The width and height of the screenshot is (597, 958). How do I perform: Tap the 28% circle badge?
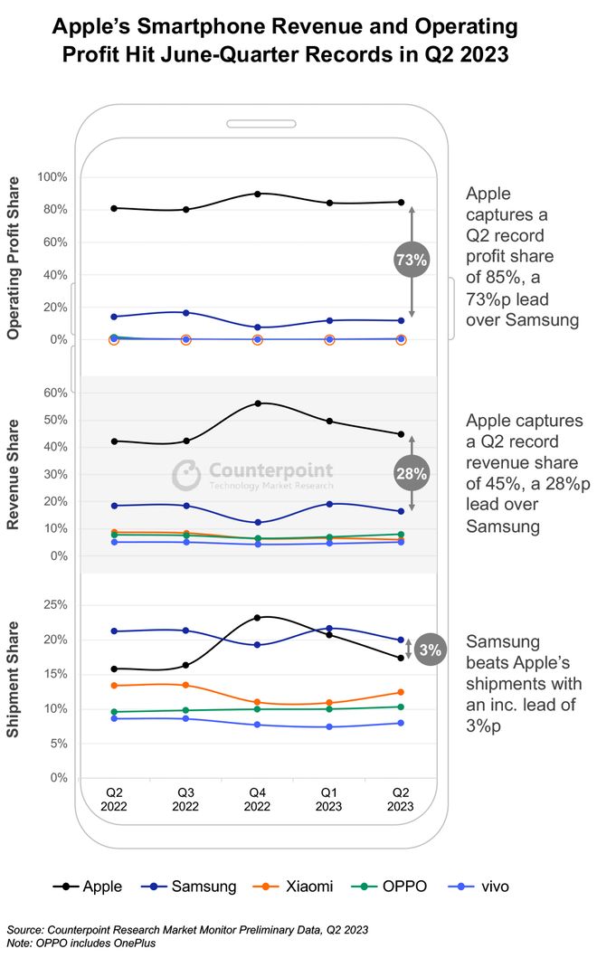click(x=412, y=472)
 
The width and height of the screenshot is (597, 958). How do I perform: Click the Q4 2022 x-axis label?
click(x=258, y=799)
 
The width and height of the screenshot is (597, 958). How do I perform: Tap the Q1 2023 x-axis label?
click(x=329, y=799)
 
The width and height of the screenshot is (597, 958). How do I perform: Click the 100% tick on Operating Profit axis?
click(x=51, y=177)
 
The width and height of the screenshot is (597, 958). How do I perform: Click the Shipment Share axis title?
click(x=14, y=678)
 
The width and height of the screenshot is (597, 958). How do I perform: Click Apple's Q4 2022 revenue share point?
click(x=258, y=403)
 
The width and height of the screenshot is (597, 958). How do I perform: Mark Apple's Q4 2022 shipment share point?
click(x=258, y=618)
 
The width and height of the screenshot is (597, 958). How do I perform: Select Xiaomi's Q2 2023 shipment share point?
click(x=401, y=692)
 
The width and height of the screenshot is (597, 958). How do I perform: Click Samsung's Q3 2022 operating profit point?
click(x=186, y=313)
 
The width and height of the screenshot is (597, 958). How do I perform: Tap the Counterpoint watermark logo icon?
click(x=186, y=474)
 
